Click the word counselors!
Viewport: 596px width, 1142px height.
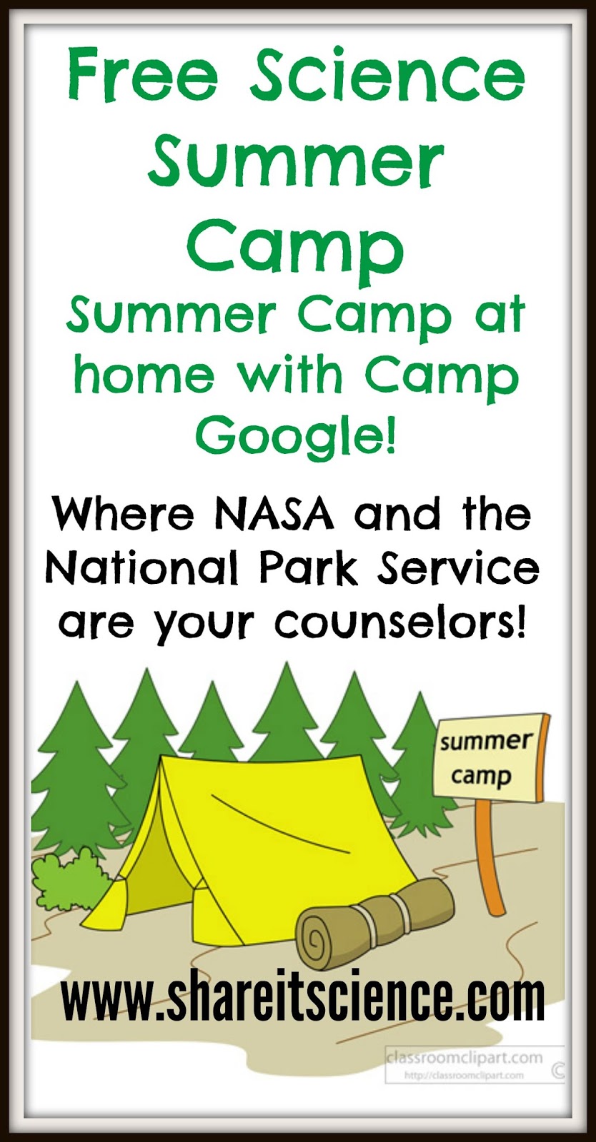pos(402,622)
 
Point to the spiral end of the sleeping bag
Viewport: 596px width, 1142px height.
pos(319,939)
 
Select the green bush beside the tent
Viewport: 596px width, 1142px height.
pos(68,878)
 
